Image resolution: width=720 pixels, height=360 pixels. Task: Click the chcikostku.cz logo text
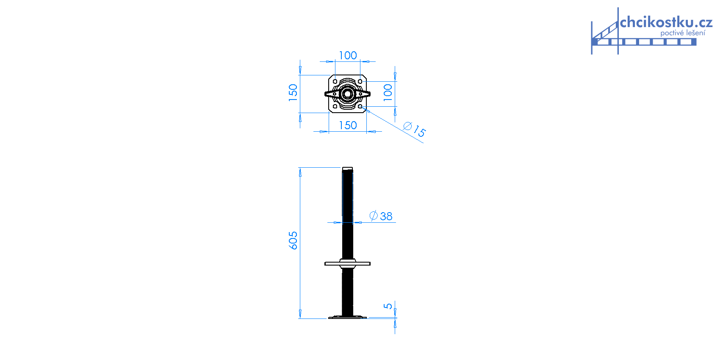[666, 22]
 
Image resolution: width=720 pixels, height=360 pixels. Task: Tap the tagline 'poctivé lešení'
[683, 33]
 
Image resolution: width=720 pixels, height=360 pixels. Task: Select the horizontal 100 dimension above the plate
[348, 55]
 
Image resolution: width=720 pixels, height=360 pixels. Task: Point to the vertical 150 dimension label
[293, 93]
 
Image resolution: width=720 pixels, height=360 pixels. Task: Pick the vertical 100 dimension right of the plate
[388, 93]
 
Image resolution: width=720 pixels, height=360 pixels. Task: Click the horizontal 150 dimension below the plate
[348, 125]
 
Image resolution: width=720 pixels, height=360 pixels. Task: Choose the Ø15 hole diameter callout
[414, 129]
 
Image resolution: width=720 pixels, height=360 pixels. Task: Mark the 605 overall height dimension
[293, 241]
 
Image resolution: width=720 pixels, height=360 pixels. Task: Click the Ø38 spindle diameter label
[381, 216]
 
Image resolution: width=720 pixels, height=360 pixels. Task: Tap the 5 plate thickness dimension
[388, 306]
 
